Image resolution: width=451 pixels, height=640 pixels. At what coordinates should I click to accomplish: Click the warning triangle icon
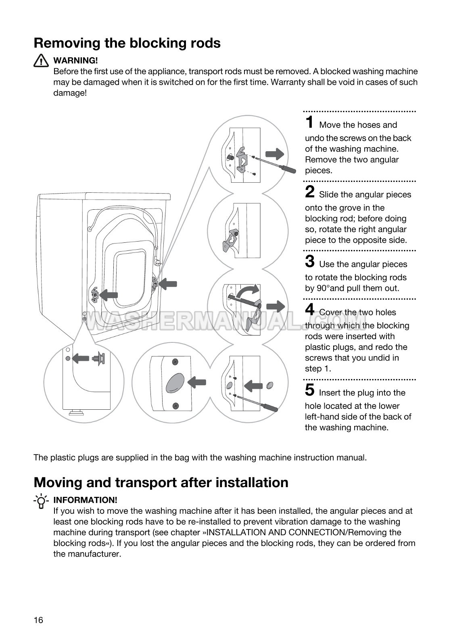pyautogui.click(x=41, y=61)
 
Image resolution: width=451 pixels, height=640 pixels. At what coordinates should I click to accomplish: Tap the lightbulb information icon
pyautogui.click(x=41, y=500)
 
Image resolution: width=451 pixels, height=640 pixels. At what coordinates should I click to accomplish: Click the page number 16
pyautogui.click(x=38, y=620)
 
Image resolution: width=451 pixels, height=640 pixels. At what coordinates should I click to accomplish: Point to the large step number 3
pyautogui.click(x=310, y=261)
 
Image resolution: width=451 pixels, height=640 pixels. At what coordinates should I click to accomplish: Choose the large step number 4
pyautogui.click(x=310, y=310)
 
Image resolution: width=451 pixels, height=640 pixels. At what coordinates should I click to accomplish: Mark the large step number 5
pyautogui.click(x=310, y=390)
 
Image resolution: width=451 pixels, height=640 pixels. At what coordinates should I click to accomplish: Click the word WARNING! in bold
pyautogui.click(x=75, y=60)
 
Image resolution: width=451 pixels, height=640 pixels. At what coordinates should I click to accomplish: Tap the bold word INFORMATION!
pyautogui.click(x=85, y=500)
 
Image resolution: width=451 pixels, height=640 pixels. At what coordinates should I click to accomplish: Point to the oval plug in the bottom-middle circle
pyautogui.click(x=175, y=383)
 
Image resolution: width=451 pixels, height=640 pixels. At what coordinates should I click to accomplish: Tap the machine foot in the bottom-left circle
pyautogui.click(x=75, y=412)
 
